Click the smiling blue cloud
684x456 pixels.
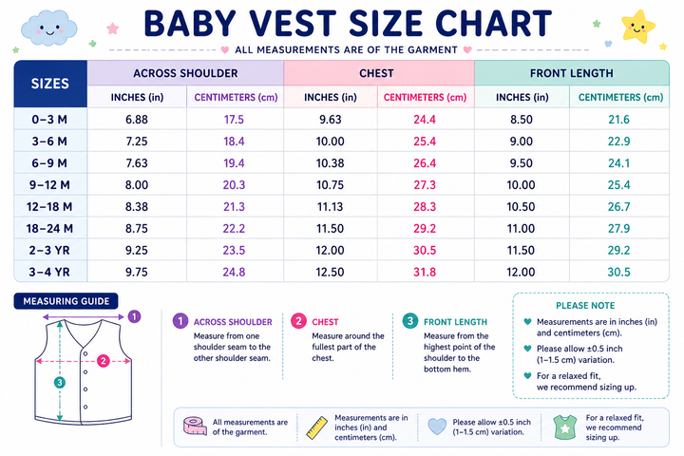[x=48, y=28]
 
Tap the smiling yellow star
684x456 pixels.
[x=637, y=27]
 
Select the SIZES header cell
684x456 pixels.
[x=50, y=84]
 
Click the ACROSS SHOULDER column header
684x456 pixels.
[x=185, y=73]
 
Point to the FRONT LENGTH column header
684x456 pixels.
[x=572, y=73]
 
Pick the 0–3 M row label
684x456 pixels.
[x=49, y=119]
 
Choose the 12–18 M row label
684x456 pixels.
[x=49, y=206]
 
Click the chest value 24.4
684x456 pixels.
[x=425, y=119]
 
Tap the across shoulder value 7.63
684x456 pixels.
[x=137, y=162]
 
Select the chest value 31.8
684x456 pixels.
[x=425, y=272]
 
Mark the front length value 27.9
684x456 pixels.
[x=618, y=228]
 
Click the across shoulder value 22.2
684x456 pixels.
[x=234, y=228]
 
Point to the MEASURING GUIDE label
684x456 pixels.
[x=66, y=301]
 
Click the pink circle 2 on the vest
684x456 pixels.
[x=103, y=361]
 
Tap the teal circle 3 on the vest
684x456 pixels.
[x=59, y=383]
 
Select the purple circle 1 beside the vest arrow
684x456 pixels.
[x=134, y=316]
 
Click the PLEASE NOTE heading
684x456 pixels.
[x=585, y=306]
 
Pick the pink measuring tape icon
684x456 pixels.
[x=195, y=426]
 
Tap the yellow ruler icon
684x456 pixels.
[x=316, y=427]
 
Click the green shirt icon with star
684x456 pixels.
[x=565, y=427]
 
